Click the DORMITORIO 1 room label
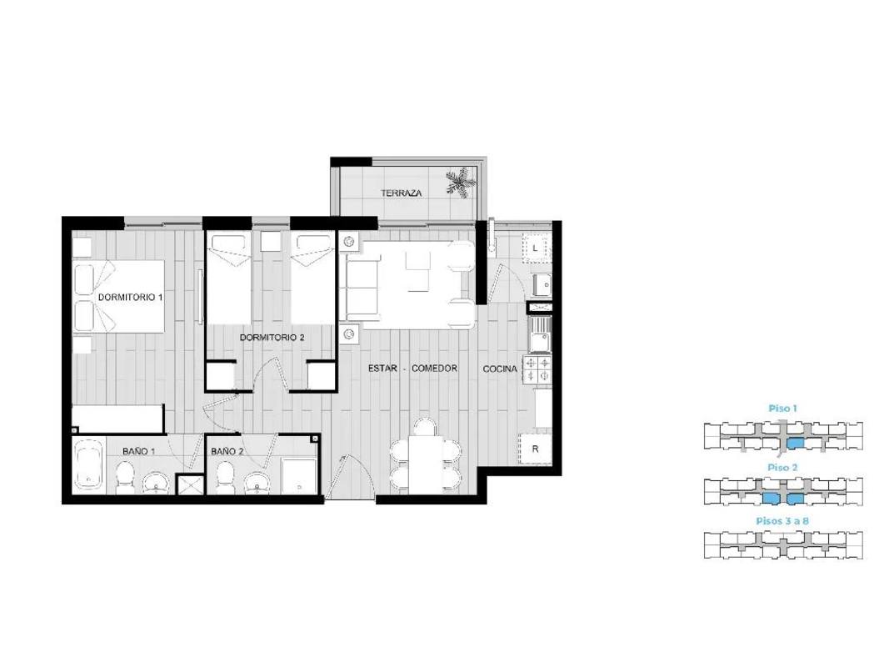click(x=131, y=297)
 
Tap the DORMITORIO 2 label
click(x=272, y=338)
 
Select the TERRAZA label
click(x=402, y=193)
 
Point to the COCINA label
click(x=500, y=369)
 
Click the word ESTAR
click(x=382, y=368)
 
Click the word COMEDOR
click(x=434, y=368)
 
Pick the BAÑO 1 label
click(x=139, y=451)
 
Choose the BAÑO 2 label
click(x=227, y=451)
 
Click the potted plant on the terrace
click(x=460, y=183)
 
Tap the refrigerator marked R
click(x=535, y=449)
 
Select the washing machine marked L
click(x=535, y=248)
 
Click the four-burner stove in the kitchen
click(x=537, y=370)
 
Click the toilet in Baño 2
click(x=225, y=477)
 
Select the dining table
click(x=425, y=464)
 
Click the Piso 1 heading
click(x=783, y=409)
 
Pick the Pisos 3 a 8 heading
click(x=782, y=520)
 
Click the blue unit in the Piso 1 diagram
click(x=797, y=443)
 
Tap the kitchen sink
click(x=538, y=334)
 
